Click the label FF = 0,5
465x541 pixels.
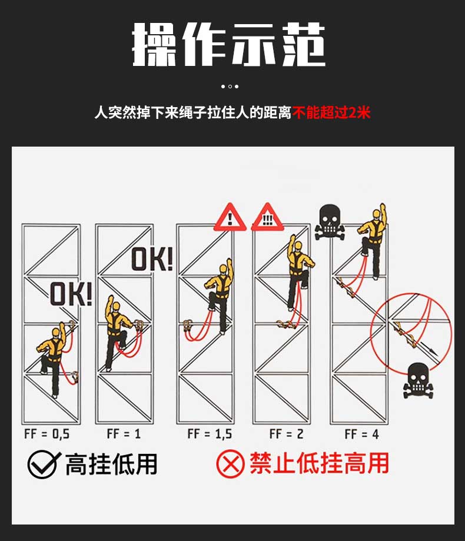tap(47, 434)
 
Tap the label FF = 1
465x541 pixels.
tap(124, 433)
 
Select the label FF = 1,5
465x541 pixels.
tap(210, 434)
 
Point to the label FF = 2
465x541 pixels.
tap(286, 434)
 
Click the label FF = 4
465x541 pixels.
tap(362, 434)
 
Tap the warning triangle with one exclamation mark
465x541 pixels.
tap(230, 217)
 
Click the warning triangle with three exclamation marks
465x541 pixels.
tap(267, 217)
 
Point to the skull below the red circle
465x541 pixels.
tap(418, 380)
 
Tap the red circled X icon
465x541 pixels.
tap(230, 463)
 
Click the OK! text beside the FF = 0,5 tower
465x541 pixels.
tap(71, 294)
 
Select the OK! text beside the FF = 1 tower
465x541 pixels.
tap(152, 259)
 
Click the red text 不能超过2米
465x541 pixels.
tap(331, 112)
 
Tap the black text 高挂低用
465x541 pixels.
tap(111, 464)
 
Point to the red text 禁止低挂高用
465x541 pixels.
tap(320, 463)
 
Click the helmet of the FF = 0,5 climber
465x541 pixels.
tap(56, 332)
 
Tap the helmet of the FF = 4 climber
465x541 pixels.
tap(376, 214)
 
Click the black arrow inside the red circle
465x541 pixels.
tap(429, 349)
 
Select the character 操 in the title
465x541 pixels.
tap(154, 45)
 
